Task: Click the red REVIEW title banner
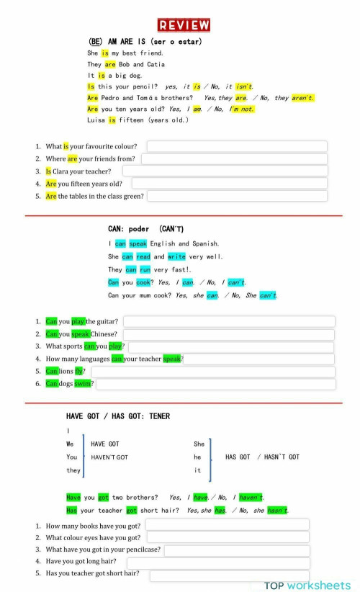[x=184, y=25]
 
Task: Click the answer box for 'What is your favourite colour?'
[x=236, y=146]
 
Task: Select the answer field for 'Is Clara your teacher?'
[x=225, y=171]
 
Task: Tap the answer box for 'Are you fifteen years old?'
[x=229, y=184]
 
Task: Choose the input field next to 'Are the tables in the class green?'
[x=238, y=196]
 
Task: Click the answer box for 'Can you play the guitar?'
[x=229, y=321]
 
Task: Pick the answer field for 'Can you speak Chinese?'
[x=228, y=334]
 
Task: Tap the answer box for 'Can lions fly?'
[x=212, y=371]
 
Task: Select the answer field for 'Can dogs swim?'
[x=216, y=384]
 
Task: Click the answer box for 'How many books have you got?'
[x=228, y=525]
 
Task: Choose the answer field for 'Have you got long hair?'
[x=218, y=562]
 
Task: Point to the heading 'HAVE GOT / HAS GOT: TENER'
[x=118, y=416]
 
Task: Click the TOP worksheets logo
[x=307, y=585]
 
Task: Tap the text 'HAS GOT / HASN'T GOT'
[x=262, y=457]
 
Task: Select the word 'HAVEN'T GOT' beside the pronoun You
[x=109, y=457]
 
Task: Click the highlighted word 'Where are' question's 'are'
[x=72, y=158]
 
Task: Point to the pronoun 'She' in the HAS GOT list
[x=199, y=444]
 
